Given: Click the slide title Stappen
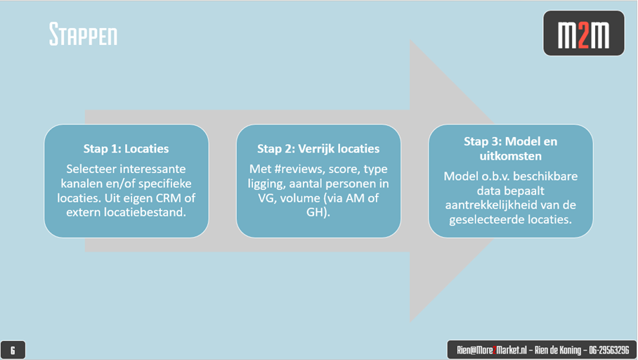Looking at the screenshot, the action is pos(84,34).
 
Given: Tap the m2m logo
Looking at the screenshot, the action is pos(583,33).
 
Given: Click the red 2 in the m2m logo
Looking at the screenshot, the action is pos(583,35).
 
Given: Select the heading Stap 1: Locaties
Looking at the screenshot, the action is pos(126,148).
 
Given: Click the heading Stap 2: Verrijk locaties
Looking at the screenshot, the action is pos(318,148).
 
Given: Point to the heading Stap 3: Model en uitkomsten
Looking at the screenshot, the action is pos(510,148).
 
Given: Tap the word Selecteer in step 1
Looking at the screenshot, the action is pos(91,169).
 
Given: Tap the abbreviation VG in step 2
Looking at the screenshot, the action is pos(266,198).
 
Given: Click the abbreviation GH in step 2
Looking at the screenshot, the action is pos(315,212).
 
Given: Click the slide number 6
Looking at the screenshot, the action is pos(13,350).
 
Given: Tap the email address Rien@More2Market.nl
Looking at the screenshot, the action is pos(492,350).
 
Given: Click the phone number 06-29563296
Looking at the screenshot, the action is pos(608,350).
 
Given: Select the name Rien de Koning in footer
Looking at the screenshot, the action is pos(558,350).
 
